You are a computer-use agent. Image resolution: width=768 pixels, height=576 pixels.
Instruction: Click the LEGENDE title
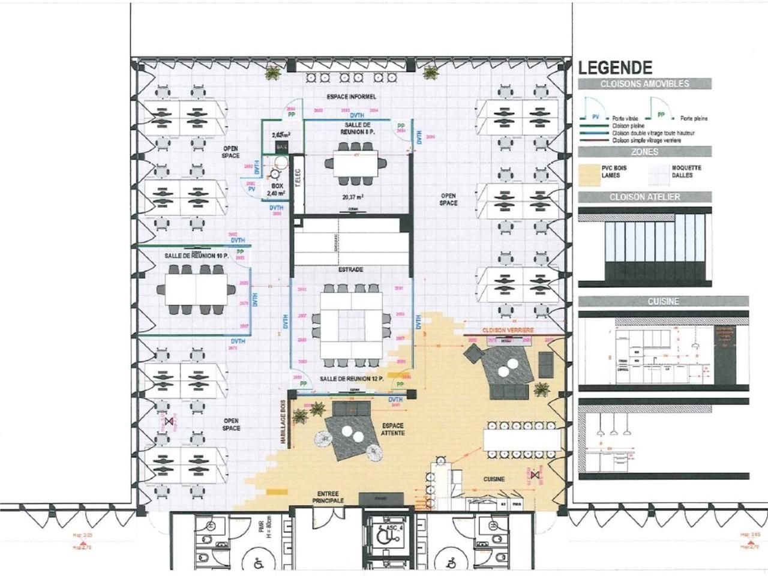[615, 67]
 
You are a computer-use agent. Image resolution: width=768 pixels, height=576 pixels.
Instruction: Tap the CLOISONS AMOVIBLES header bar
[645, 84]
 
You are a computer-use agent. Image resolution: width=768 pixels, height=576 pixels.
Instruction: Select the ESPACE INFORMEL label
[351, 97]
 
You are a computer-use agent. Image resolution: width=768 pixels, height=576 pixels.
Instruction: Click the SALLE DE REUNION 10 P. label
[197, 256]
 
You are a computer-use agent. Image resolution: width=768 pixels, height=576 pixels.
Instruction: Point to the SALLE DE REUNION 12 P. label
[351, 379]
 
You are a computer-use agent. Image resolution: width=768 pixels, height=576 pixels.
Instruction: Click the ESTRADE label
[350, 269]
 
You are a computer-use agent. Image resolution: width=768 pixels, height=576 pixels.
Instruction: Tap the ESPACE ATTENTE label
[392, 429]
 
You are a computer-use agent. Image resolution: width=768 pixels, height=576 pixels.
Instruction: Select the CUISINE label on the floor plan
[494, 479]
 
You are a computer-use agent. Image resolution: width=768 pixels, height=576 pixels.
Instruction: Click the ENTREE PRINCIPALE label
[328, 496]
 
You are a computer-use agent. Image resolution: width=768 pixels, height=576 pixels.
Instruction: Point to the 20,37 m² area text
[353, 196]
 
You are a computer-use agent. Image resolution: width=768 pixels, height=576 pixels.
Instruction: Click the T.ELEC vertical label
[297, 179]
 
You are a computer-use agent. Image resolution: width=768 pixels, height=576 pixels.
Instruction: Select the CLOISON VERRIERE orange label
[508, 331]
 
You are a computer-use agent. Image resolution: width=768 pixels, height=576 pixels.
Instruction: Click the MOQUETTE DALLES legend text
[686, 171]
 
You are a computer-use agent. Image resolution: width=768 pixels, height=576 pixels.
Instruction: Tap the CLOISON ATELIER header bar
[645, 197]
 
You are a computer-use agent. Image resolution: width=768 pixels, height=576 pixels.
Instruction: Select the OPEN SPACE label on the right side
[448, 199]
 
